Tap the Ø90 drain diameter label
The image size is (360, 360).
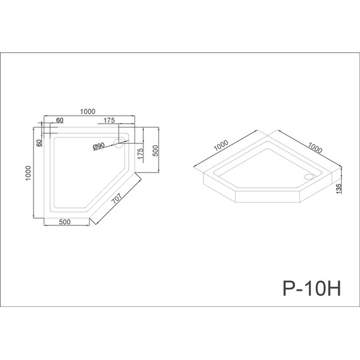click(x=99, y=146)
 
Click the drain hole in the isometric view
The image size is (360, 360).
click(x=308, y=177)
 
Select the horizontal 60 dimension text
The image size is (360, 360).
click(x=60, y=120)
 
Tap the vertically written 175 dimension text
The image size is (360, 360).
click(x=141, y=154)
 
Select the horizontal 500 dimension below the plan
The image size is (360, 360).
click(x=64, y=222)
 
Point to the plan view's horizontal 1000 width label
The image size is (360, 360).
click(x=88, y=111)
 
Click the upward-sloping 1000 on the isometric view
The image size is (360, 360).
click(x=221, y=147)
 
